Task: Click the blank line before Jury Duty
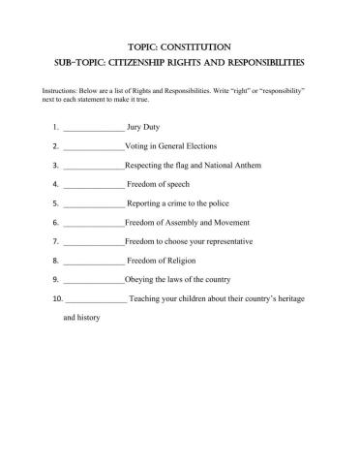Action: (94, 127)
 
